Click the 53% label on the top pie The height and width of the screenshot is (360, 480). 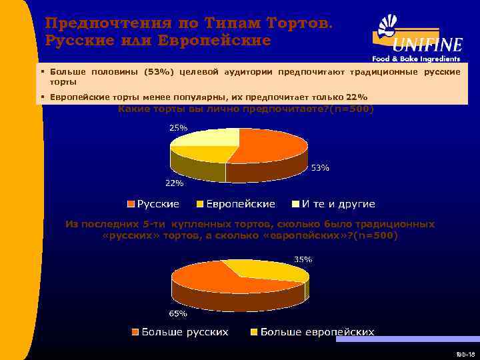pyautogui.click(x=321, y=168)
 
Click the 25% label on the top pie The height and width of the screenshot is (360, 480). pyautogui.click(x=179, y=127)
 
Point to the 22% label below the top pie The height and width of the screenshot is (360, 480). pyautogui.click(x=175, y=183)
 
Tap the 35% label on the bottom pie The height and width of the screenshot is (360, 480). pyautogui.click(x=303, y=259)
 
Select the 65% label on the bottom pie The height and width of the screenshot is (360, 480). pyautogui.click(x=178, y=313)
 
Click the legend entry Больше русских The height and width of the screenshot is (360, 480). pyautogui.click(x=180, y=331)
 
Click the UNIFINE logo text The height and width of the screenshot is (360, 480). pyautogui.click(x=427, y=45)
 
